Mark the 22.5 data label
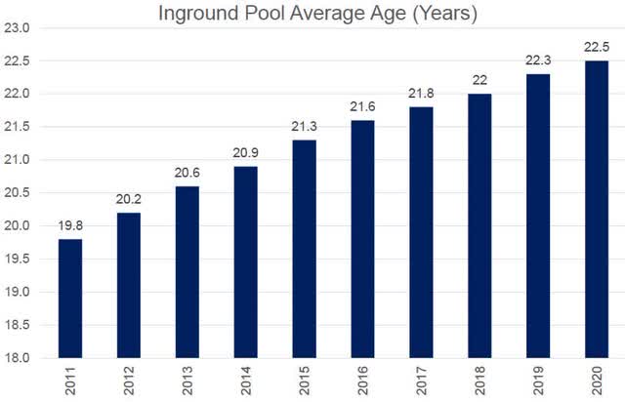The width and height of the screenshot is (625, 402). coord(597,48)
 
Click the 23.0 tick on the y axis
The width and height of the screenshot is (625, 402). coord(21,28)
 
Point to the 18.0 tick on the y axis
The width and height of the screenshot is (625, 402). coord(21,358)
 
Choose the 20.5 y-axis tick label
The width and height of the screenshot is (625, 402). coord(21,193)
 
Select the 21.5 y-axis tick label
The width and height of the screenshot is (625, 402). coord(21,127)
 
